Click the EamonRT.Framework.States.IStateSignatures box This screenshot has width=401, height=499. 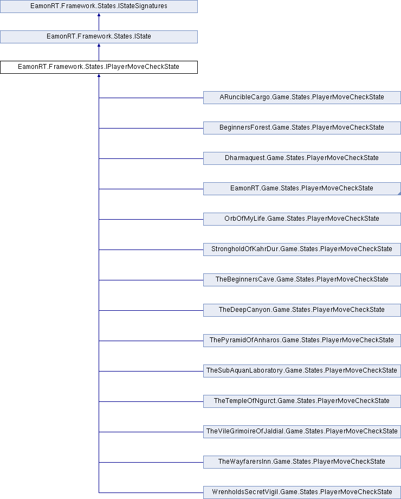click(99, 7)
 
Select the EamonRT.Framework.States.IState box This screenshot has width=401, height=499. click(99, 36)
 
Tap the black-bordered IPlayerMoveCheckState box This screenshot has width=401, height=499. click(99, 67)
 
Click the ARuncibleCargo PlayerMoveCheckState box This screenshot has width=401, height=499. click(302, 98)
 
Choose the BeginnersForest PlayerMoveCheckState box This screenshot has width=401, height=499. click(302, 127)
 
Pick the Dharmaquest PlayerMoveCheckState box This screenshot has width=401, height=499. click(302, 158)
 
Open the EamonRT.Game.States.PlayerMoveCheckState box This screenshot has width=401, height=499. click(302, 188)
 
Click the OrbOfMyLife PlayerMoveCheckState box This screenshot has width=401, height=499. click(302, 219)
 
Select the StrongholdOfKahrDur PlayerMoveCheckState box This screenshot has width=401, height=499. click(302, 249)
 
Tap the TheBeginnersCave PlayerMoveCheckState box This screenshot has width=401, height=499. click(302, 280)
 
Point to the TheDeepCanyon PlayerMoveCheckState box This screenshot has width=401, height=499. click(302, 310)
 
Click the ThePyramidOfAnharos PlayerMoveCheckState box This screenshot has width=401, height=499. click(302, 341)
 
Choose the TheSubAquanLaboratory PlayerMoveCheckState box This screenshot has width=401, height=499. click(302, 371)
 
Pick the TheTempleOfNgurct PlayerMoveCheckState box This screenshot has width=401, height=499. click(302, 401)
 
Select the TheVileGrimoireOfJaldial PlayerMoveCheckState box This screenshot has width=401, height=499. click(302, 432)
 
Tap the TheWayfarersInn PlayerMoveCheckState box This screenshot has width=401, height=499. click(302, 462)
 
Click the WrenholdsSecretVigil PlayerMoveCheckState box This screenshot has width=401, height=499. click(302, 492)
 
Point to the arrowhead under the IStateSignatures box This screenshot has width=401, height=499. click(99, 15)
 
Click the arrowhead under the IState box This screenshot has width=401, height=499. click(99, 45)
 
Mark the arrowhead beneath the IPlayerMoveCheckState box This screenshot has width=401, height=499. click(99, 75)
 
